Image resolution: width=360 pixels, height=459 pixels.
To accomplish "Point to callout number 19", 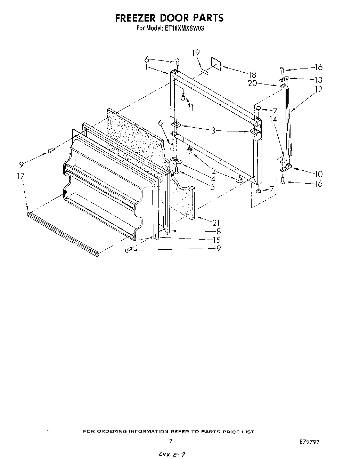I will (196, 53).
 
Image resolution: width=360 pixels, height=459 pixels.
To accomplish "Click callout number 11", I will (190, 107).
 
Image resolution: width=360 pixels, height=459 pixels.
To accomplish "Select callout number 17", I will (21, 176).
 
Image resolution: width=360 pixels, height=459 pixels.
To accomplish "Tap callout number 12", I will (318, 89).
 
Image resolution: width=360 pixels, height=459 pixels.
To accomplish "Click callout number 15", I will (216, 240).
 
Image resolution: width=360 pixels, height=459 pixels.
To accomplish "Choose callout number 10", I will (318, 174).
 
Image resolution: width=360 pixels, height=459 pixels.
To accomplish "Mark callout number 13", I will (318, 79).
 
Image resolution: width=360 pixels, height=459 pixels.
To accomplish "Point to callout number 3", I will (213, 131).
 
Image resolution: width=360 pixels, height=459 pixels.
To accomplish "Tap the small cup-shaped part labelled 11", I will (183, 96).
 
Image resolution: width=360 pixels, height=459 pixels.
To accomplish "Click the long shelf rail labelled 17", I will (63, 233).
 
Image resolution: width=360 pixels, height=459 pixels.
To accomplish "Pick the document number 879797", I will (309, 442).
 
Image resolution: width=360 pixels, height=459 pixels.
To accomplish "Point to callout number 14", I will (273, 119).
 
